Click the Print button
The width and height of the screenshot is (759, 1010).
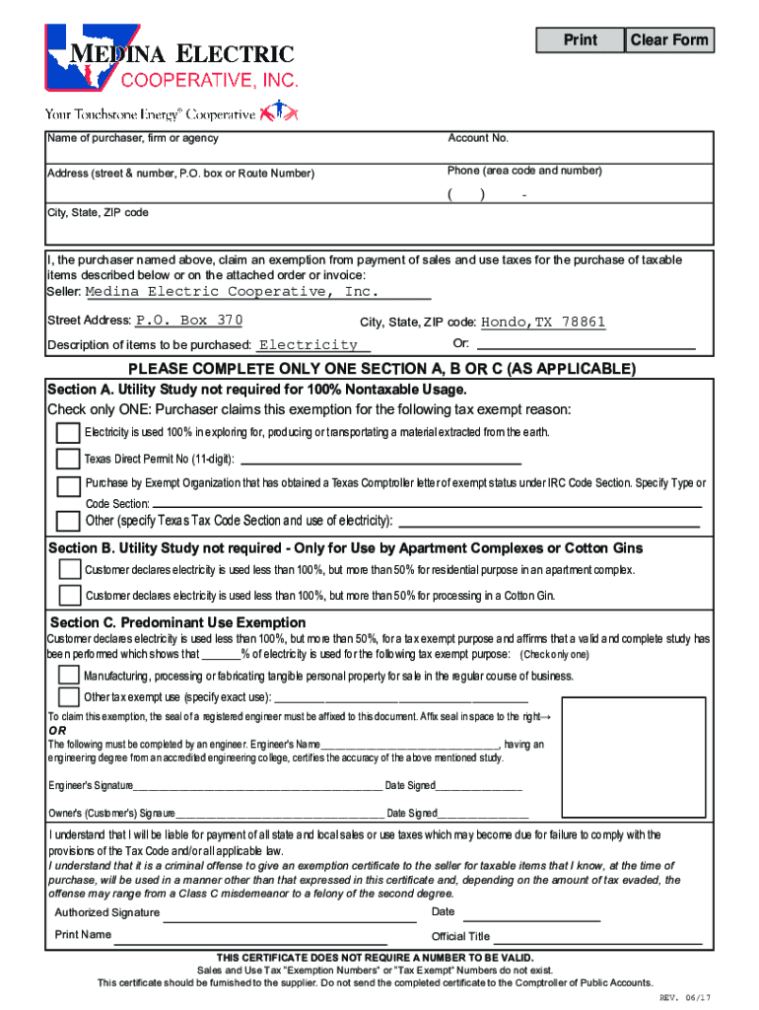click(x=581, y=40)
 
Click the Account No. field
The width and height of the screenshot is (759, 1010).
click(x=577, y=152)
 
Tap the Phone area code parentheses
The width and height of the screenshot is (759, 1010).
click(x=466, y=194)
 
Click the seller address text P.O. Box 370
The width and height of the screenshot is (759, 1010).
click(x=188, y=321)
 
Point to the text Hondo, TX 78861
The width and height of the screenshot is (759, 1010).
click(x=542, y=323)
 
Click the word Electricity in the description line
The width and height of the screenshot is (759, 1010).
click(x=308, y=345)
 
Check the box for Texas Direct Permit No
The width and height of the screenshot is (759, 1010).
click(x=68, y=459)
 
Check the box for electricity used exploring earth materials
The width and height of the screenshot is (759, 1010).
click(x=68, y=433)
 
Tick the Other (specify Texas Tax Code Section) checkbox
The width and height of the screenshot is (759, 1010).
click(x=68, y=521)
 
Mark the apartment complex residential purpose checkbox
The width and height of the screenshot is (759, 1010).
click(x=70, y=570)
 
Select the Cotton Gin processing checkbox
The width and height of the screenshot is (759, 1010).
click(x=70, y=595)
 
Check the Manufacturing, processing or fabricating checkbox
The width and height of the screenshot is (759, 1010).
click(x=68, y=675)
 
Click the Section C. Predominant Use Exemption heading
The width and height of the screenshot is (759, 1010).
click(x=177, y=622)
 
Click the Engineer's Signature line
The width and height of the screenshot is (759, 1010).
click(x=257, y=786)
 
